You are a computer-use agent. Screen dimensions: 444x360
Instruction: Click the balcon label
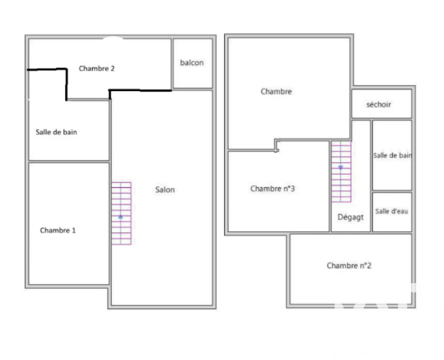pos(192,63)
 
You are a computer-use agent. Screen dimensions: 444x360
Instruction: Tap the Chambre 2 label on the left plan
pos(96,68)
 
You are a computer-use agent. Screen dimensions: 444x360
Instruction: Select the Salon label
pos(165,190)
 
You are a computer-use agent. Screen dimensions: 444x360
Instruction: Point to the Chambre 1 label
pos(58,231)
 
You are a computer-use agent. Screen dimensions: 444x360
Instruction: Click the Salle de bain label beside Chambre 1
pos(56,132)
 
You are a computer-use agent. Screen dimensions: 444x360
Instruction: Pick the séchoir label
pos(379,104)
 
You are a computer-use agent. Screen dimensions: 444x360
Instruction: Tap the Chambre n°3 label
pos(273,188)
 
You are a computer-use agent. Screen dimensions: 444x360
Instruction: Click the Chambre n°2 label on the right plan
pos(349,266)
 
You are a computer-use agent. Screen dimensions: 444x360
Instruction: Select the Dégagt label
pos(350,217)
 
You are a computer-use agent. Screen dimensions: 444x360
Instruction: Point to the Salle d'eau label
pos(391,211)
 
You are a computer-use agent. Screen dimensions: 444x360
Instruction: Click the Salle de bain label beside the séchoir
pos(392,155)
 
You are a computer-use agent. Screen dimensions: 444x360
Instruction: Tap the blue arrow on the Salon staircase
pos(120,217)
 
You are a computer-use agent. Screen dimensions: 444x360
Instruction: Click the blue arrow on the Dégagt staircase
pos(340,168)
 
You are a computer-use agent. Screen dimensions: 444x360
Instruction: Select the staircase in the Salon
pos(121,213)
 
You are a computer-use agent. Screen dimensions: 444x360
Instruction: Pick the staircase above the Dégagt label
pos(341,172)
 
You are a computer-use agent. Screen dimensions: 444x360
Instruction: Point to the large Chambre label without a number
pos(276,91)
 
